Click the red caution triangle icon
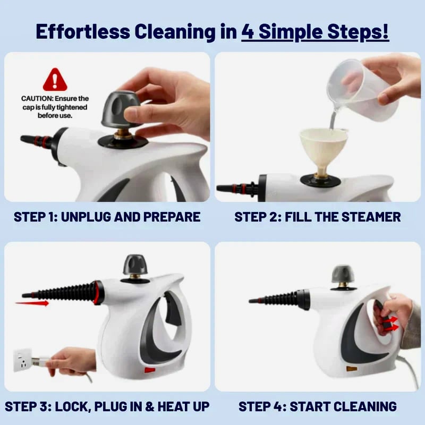(x=55, y=80)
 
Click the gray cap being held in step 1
(x=121, y=109)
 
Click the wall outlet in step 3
(x=22, y=360)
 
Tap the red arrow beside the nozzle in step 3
(x=32, y=303)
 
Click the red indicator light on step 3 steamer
(x=150, y=370)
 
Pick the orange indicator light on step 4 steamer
(x=351, y=369)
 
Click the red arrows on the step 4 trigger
(x=392, y=324)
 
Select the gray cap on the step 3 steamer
(x=135, y=264)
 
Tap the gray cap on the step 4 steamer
(x=343, y=274)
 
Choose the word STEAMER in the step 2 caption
(x=371, y=217)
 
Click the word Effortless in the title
(x=83, y=31)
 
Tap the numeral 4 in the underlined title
(x=248, y=32)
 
